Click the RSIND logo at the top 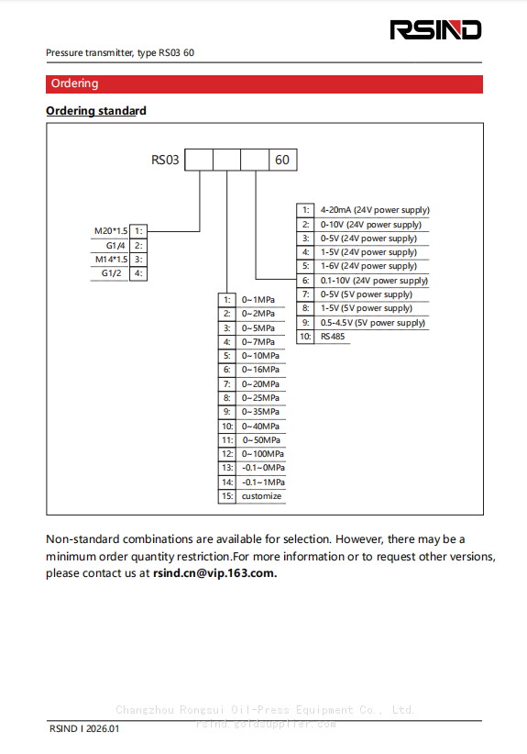pyautogui.click(x=436, y=30)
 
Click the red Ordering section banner pyautogui.click(x=264, y=83)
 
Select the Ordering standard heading pyautogui.click(x=96, y=111)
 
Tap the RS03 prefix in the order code pyautogui.click(x=165, y=160)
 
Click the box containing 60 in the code pyautogui.click(x=282, y=160)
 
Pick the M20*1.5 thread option pyautogui.click(x=110, y=231)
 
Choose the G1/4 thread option pyautogui.click(x=115, y=245)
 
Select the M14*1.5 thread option pyautogui.click(x=110, y=259)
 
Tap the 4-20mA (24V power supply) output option pyautogui.click(x=374, y=210)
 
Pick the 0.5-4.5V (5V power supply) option pyautogui.click(x=372, y=323)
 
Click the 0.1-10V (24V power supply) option pyautogui.click(x=373, y=281)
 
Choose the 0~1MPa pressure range pyautogui.click(x=258, y=300)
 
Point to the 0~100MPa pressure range pyautogui.click(x=262, y=454)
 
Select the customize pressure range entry pyautogui.click(x=262, y=496)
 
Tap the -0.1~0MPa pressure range pyautogui.click(x=262, y=468)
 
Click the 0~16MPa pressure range pyautogui.click(x=260, y=370)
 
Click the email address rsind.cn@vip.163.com pyautogui.click(x=214, y=573)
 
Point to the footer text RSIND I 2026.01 pyautogui.click(x=84, y=728)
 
